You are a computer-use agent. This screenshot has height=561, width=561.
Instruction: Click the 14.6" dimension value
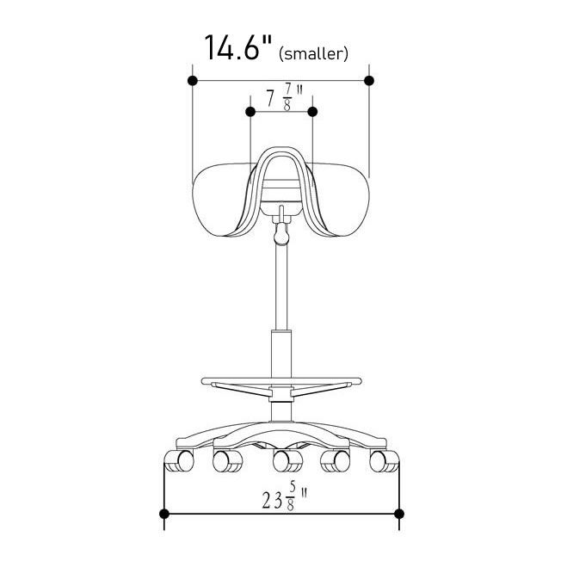238,48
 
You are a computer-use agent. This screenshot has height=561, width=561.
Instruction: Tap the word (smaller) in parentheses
313,54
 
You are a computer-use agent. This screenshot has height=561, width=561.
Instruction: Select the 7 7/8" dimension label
285,96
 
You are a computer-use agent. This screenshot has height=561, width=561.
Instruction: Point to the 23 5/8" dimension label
285,496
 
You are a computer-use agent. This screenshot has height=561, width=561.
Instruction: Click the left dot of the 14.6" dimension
193,81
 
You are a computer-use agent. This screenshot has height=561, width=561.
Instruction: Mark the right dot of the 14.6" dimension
369,81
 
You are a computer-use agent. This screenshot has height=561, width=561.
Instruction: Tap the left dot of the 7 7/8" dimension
250,112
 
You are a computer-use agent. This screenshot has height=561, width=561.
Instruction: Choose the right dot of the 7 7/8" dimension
312,112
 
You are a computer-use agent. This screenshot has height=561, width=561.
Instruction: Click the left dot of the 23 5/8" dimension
163,515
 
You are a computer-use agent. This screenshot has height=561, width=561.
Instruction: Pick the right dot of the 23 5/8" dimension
399,515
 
